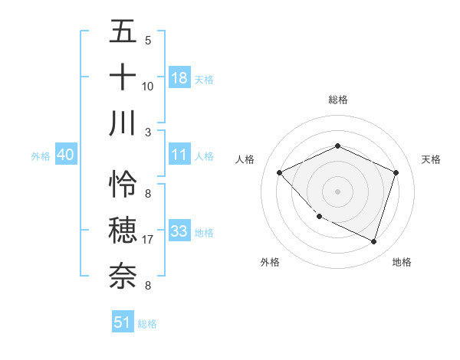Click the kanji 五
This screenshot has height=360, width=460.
coord(123,32)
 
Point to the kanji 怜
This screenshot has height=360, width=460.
coord(123,185)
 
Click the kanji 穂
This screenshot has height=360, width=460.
coord(123,230)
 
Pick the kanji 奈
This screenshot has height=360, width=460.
coord(123,275)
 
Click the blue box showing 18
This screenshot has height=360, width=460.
coord(179,77)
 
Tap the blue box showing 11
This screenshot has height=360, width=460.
coord(179,155)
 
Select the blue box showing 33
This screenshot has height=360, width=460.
coord(179,231)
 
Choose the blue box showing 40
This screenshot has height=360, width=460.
coord(65,155)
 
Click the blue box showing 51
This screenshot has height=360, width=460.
coord(123,322)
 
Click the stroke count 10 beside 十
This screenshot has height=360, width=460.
coord(147,87)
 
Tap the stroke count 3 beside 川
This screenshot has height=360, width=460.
coord(147,132)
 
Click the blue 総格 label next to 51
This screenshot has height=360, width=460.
coord(147,324)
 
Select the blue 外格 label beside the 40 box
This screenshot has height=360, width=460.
coord(41,155)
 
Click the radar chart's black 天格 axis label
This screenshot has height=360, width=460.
coord(431,159)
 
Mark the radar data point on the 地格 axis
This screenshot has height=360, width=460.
coord(373,242)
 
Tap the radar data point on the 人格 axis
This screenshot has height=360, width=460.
coord(280,172)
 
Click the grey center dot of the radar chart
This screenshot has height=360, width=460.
coord(337,191)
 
